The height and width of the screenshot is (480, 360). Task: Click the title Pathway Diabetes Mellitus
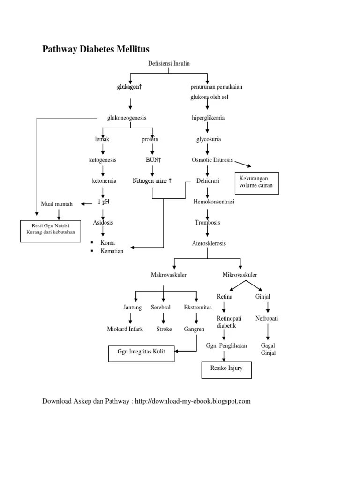(96, 49)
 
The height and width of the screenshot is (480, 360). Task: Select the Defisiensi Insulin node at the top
(168, 64)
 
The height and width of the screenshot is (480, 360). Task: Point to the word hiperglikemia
(208, 118)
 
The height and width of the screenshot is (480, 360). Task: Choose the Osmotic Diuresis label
(212, 160)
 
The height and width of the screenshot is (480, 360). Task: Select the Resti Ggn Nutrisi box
(50, 229)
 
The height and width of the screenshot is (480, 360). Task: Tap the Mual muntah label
(57, 204)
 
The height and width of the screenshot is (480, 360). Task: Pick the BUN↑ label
(153, 160)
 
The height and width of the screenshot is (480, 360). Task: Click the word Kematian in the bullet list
(112, 251)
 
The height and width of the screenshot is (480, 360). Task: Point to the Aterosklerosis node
(209, 243)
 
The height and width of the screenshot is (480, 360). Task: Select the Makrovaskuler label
(168, 275)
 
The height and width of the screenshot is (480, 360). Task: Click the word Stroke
(164, 329)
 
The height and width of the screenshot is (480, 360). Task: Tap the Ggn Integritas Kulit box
(141, 351)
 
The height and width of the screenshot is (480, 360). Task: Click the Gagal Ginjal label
(268, 349)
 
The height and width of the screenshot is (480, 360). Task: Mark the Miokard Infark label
(125, 329)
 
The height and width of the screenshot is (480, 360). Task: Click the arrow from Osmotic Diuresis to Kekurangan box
(243, 163)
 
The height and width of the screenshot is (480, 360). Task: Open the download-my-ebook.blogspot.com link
(193, 401)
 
